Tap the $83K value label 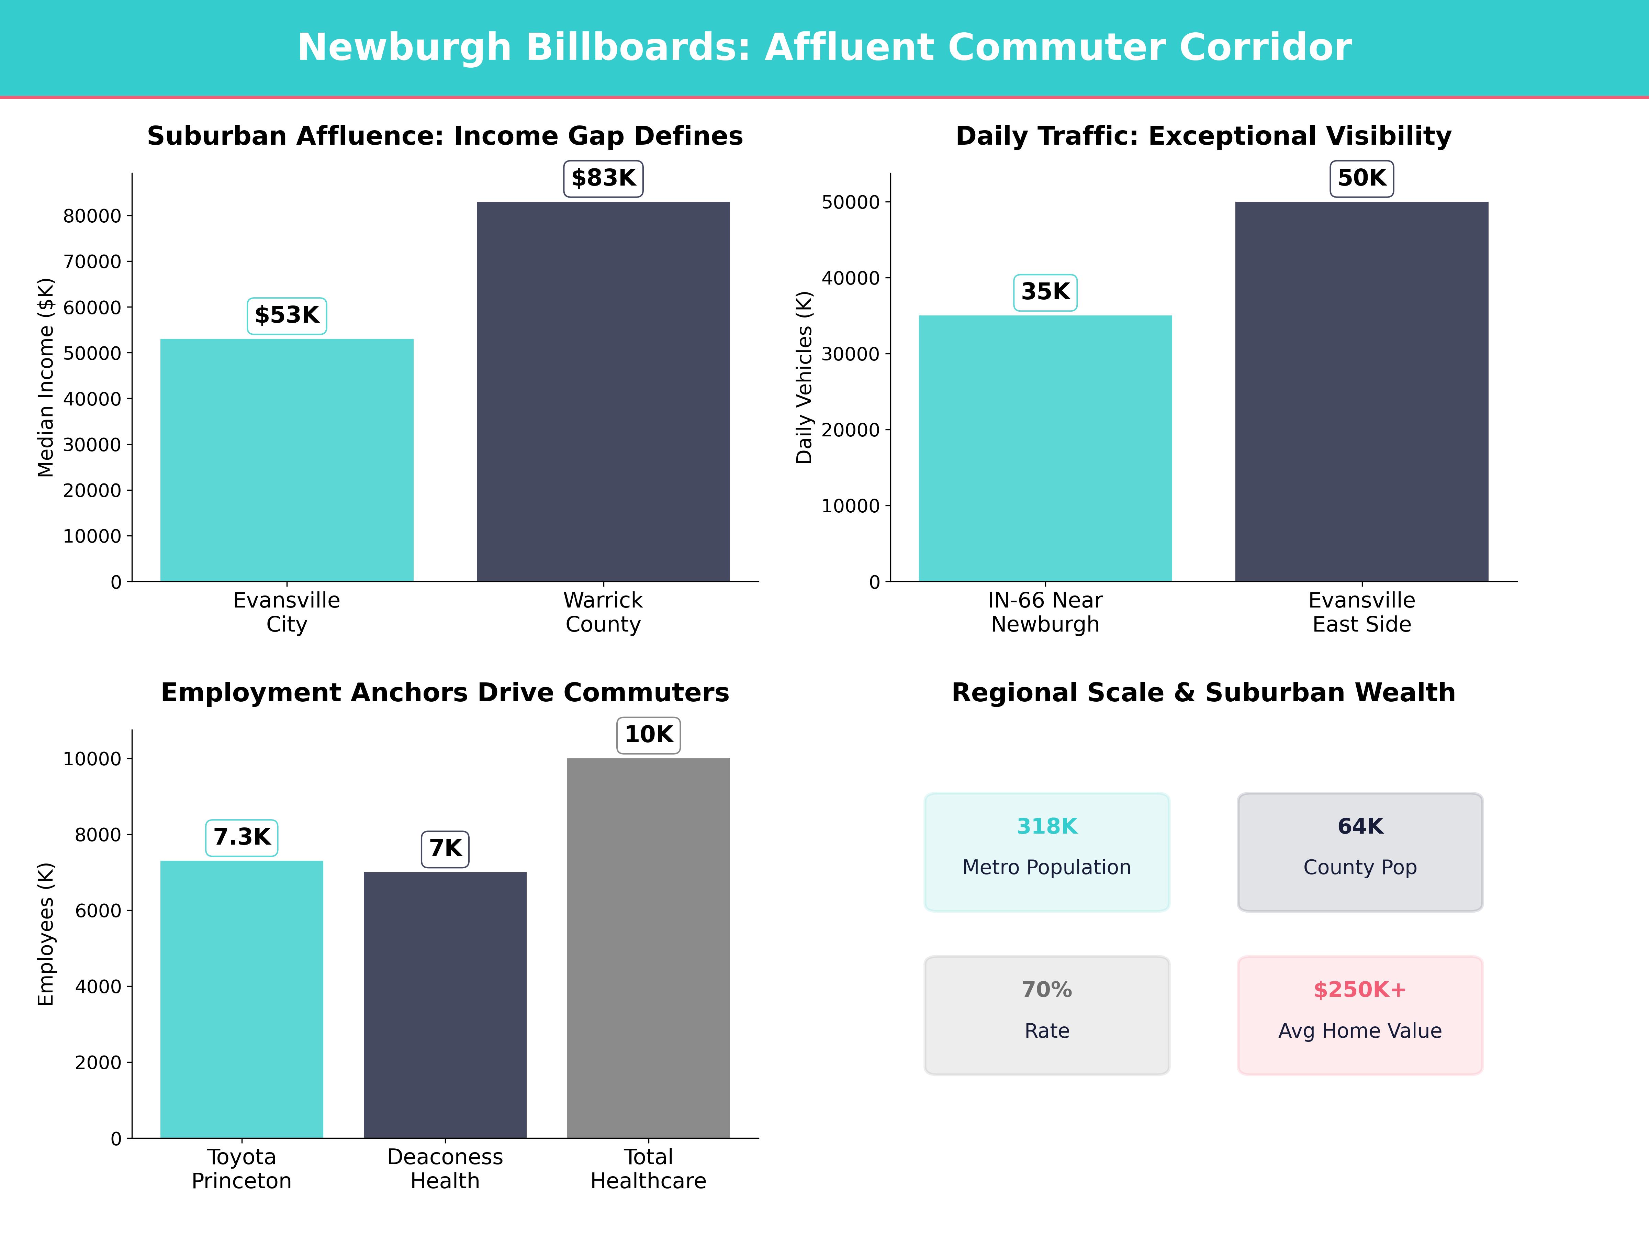(x=603, y=178)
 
